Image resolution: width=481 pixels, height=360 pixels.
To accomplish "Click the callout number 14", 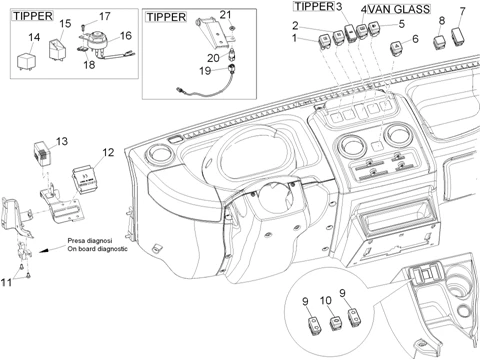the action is (x=34, y=37).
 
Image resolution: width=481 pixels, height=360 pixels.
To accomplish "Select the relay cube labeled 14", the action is (x=26, y=61).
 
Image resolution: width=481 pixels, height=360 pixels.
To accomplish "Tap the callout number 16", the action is (x=126, y=36).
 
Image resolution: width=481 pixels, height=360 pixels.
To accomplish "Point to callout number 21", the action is (x=225, y=15).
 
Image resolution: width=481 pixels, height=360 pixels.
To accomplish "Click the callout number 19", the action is (x=205, y=71).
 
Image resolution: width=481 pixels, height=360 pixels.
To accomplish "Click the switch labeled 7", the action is (x=458, y=36).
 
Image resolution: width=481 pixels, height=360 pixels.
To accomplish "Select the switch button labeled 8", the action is (x=440, y=42).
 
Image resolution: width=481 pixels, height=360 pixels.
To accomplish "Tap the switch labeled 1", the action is (x=323, y=42).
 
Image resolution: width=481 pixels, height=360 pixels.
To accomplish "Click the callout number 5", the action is (x=402, y=24).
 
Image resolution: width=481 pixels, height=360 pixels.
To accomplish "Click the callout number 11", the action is (x=6, y=283).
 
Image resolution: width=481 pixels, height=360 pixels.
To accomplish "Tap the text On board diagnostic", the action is (x=97, y=249).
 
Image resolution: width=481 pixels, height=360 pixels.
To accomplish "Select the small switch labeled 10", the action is (x=335, y=324).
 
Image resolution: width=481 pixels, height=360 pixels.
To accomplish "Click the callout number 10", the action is (x=326, y=301).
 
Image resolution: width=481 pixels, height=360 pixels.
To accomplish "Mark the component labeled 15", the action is (x=58, y=49).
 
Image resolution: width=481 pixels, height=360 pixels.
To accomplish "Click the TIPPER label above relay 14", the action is (x=33, y=16).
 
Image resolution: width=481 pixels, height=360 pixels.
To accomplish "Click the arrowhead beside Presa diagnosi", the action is (x=42, y=251).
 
